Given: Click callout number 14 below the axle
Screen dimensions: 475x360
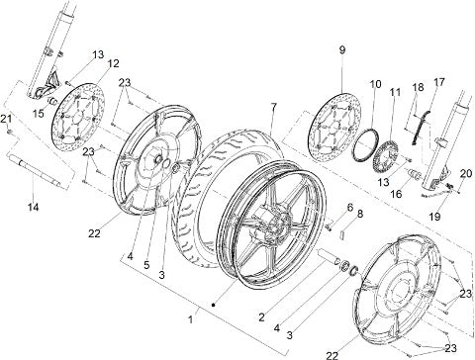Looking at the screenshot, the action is click(x=34, y=207).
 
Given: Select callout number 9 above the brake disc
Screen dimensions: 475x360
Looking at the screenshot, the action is click(x=342, y=49).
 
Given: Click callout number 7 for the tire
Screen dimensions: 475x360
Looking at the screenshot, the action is click(x=273, y=106).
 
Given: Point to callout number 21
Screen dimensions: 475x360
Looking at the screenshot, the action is click(x=6, y=119).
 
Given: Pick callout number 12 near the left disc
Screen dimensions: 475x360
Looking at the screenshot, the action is click(x=113, y=63).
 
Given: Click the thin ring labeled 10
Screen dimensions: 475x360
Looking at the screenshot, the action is click(x=365, y=145).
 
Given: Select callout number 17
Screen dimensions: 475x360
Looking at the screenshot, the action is click(x=439, y=82).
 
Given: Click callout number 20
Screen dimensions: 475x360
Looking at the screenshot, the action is click(x=466, y=173).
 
